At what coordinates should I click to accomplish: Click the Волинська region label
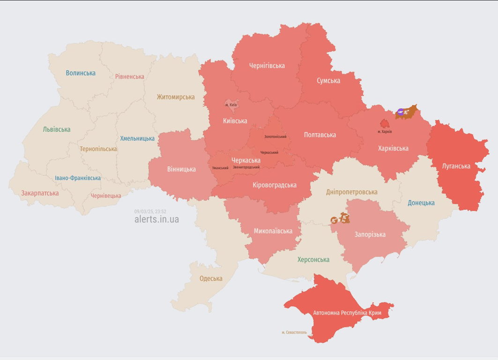[81, 73]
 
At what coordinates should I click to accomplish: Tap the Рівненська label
[130, 76]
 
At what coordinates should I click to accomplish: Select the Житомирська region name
[176, 97]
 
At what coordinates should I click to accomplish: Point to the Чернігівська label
[267, 66]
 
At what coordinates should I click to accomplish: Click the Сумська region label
[328, 81]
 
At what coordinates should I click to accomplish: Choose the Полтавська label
[320, 135]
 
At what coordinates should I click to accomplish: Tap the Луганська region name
[456, 166]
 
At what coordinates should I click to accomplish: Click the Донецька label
[421, 203]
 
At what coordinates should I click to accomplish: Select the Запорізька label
[370, 234]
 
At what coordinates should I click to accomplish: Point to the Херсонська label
[313, 260]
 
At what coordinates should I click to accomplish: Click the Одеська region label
[211, 278]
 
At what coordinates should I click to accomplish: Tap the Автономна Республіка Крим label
[347, 313]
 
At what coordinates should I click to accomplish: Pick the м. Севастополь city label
[294, 332]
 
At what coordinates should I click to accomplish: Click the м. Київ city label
[231, 105]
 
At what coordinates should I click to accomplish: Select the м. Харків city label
[385, 132]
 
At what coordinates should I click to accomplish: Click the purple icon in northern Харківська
[401, 112]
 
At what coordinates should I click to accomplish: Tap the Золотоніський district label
[275, 137]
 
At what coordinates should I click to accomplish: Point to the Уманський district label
[220, 168]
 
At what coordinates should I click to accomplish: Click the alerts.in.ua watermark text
[156, 219]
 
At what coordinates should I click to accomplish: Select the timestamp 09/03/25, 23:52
[150, 211]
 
